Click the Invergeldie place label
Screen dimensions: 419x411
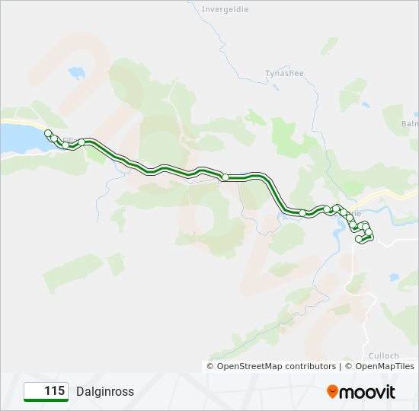pos(225,10)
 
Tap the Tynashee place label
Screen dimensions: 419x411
pos(284,73)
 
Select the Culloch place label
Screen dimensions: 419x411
pos(385,355)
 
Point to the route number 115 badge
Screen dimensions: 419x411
pos(46,391)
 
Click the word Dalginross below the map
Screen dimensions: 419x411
pos(104,392)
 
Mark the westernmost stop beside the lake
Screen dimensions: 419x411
pos(49,133)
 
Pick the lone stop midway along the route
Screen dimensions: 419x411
pos(225,177)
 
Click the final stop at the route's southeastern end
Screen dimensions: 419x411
pos(359,240)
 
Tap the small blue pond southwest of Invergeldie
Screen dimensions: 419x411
pos(77,73)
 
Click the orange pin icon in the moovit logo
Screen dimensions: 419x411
pos(333,392)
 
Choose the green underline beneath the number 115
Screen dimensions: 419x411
pos(46,400)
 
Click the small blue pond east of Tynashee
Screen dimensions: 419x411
pos(366,105)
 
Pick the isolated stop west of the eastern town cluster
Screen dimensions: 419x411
pos(302,213)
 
